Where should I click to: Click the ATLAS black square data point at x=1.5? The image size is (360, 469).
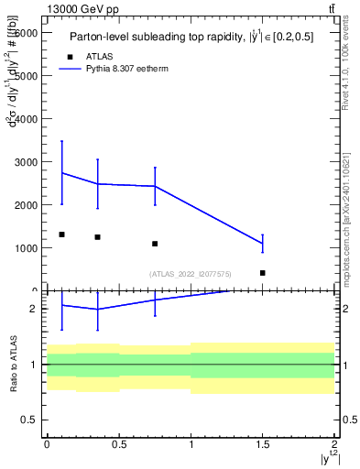(263, 273)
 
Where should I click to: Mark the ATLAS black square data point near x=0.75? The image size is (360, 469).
(155, 244)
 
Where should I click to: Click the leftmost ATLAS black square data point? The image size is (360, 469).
(61, 234)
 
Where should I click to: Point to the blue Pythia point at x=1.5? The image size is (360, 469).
(263, 243)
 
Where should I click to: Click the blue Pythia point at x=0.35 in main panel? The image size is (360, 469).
(97, 184)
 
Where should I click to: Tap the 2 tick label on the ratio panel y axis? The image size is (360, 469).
(34, 309)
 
